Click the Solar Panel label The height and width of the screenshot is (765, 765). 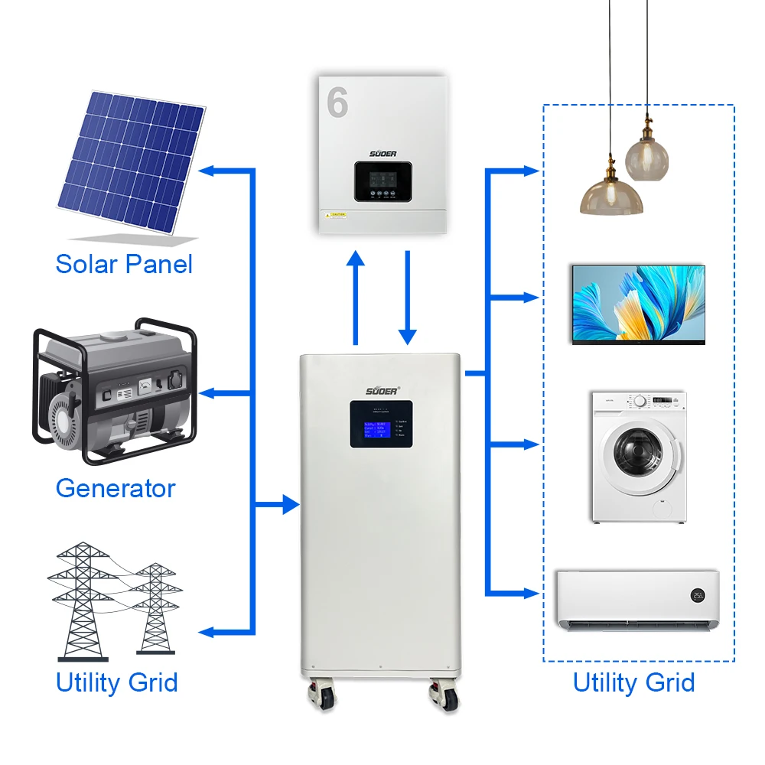(124, 264)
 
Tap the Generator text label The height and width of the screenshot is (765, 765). (116, 487)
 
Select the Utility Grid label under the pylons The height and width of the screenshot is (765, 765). (116, 682)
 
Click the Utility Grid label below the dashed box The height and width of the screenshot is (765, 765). (633, 682)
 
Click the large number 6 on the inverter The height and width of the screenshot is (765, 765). (337, 103)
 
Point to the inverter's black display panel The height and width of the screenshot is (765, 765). (382, 181)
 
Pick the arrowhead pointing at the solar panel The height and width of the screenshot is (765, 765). (208, 170)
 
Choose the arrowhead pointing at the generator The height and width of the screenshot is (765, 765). (208, 393)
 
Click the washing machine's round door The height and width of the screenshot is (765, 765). (633, 457)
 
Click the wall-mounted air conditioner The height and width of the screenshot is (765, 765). (637, 599)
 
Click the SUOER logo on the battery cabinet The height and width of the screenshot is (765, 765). (381, 390)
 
